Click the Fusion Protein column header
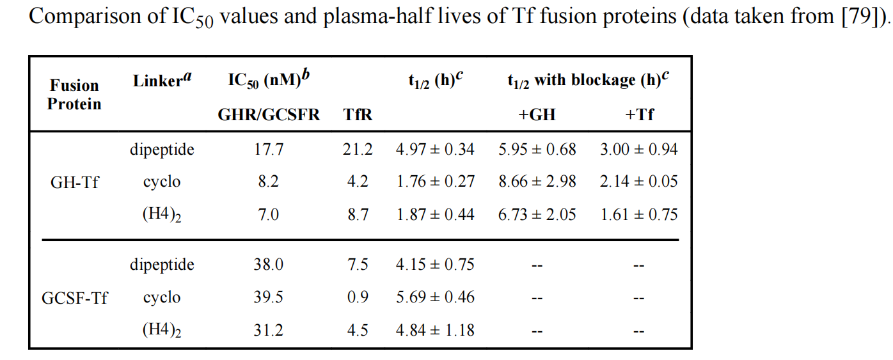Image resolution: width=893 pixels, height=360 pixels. pos(74,95)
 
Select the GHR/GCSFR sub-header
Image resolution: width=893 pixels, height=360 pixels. pos(269,115)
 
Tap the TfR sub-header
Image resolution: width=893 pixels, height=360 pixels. pos(358,115)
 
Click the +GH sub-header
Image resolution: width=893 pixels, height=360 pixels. pos(537,115)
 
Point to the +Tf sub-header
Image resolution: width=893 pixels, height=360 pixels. pos(639,115)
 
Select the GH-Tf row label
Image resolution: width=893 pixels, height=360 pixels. pos(74,182)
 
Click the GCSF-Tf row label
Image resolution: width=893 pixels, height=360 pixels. pos(74,298)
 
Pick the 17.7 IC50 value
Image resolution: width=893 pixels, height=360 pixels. pos(268,150)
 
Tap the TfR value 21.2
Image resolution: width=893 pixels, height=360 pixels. pos(358,150)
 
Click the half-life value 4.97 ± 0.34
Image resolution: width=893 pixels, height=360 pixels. pos(435,150)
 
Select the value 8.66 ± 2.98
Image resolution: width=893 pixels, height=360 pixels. pos(537,182)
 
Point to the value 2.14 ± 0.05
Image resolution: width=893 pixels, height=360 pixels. pos(638,182)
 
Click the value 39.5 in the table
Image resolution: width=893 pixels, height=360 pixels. pos(268,298)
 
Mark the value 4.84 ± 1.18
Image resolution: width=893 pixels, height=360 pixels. pos(435,331)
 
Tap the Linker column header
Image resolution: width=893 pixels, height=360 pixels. pos(162,81)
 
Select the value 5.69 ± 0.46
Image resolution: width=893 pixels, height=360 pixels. pos(435,298)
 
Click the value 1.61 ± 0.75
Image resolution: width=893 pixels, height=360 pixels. pos(638,215)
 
